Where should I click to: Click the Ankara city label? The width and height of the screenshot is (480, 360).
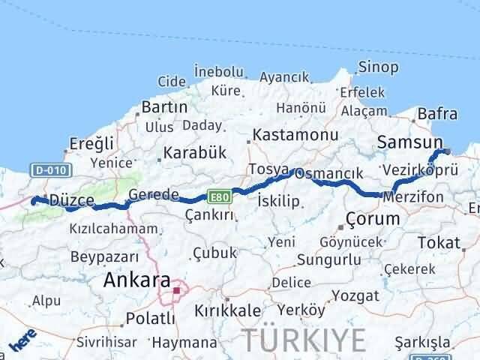(x=136, y=281)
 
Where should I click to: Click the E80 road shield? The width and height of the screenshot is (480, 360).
(x=218, y=196)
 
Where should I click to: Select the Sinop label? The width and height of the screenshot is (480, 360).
(x=378, y=67)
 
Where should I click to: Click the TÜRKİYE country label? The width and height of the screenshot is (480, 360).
(x=304, y=339)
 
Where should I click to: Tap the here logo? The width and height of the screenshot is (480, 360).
(x=21, y=341)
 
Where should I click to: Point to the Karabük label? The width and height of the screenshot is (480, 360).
(x=196, y=152)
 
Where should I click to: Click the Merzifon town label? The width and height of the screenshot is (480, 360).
(x=412, y=197)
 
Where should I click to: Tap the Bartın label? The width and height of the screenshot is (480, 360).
(x=164, y=107)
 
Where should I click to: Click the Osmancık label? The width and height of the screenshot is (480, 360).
(x=328, y=173)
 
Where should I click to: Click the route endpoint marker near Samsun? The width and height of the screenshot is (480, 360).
(x=447, y=151)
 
